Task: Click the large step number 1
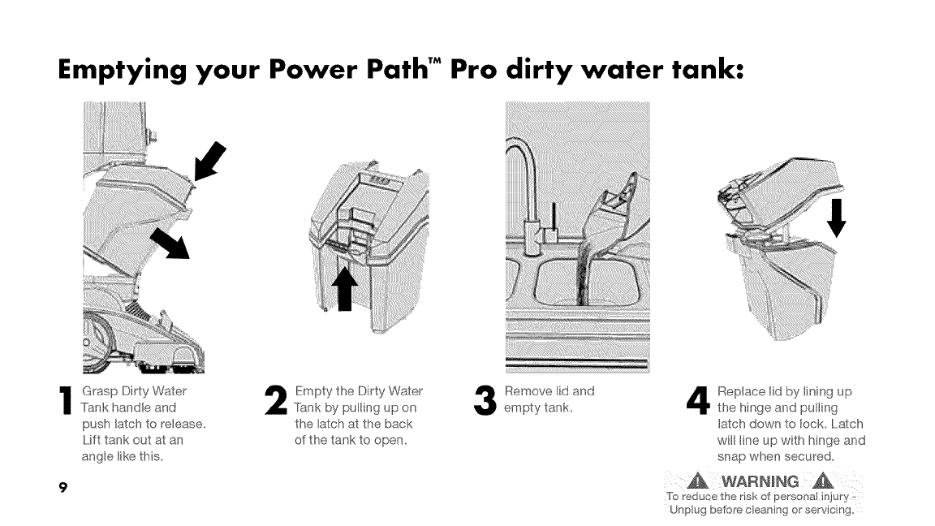coord(65,400)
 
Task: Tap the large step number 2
coord(276,400)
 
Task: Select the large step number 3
coord(485,400)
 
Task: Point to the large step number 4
coord(698,400)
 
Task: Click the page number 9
coord(62,488)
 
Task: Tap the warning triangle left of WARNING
coord(698,480)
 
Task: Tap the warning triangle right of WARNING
coord(823,480)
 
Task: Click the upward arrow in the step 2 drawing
coord(345,289)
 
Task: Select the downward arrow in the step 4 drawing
coord(838,218)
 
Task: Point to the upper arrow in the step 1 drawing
coord(210,161)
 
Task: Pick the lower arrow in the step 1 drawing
coord(170,243)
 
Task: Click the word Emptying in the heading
coord(123,71)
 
